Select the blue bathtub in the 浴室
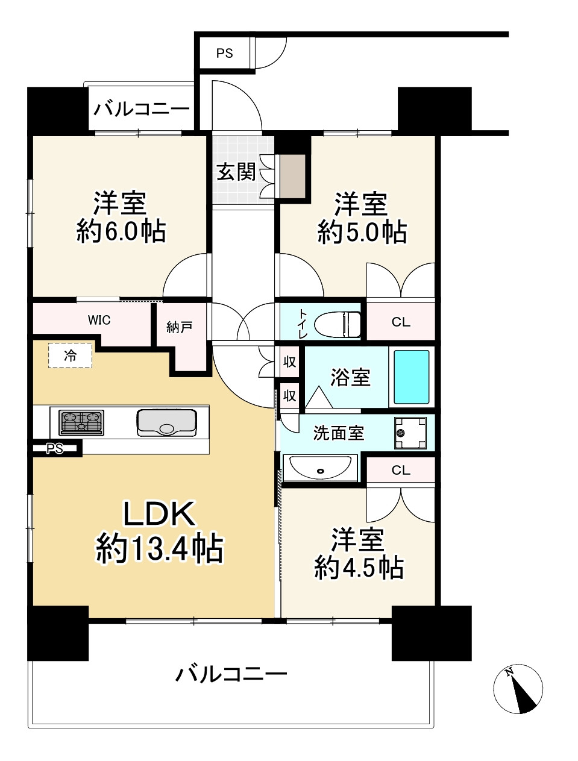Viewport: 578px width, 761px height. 412,377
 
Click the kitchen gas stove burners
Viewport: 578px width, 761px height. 81,422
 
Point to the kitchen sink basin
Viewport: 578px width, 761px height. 167,422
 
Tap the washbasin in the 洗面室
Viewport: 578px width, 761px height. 319,467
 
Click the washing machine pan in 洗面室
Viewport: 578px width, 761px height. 410,433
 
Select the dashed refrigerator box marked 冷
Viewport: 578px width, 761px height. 71,355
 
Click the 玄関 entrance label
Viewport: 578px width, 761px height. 236,172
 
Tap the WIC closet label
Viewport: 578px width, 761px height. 99,320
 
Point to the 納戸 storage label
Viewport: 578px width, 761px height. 179,327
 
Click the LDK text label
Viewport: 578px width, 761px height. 159,514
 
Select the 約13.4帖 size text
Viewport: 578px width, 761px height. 159,549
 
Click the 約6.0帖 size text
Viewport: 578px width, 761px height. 121,231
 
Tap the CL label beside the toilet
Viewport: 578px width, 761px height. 401,322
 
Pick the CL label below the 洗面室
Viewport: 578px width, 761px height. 401,470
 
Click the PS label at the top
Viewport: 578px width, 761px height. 224,54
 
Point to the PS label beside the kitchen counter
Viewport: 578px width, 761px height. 55,448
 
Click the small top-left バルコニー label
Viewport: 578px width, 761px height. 142,110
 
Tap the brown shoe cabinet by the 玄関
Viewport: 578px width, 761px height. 293,176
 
